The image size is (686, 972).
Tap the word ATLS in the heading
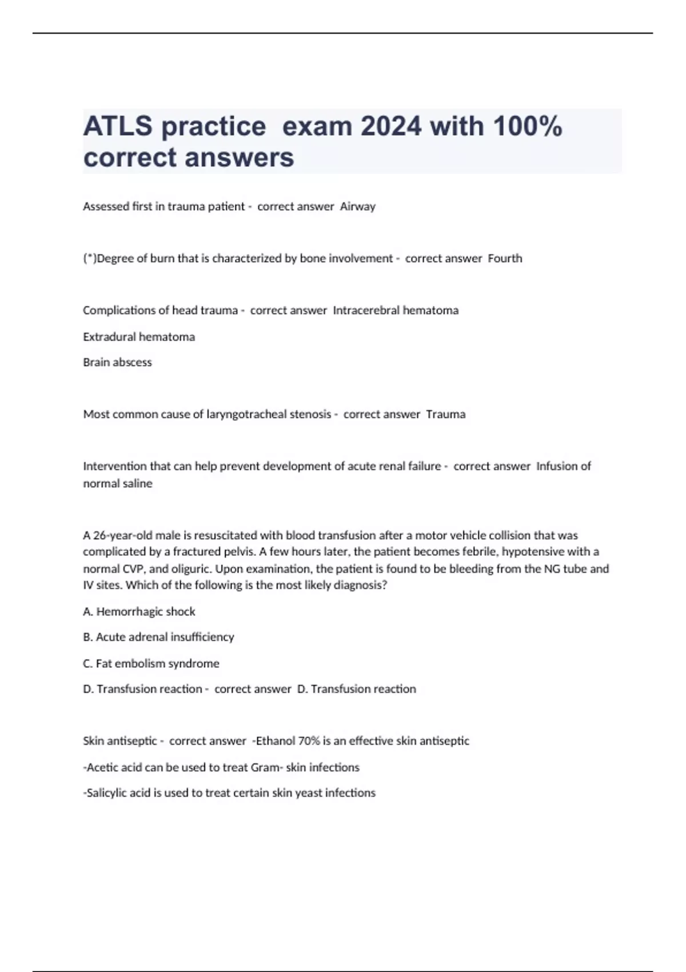pos(117,126)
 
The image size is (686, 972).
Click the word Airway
pos(358,206)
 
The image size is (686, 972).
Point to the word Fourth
pos(505,258)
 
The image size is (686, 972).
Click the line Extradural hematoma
pos(139,337)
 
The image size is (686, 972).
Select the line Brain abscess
pos(117,362)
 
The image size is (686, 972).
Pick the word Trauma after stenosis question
pos(446,414)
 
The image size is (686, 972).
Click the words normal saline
pos(118,484)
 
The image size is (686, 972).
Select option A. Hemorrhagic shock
pos(139,612)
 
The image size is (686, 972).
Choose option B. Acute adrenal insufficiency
pos(158,637)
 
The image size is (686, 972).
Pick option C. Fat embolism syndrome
pos(151,663)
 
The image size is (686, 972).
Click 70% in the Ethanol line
pos(309,741)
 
